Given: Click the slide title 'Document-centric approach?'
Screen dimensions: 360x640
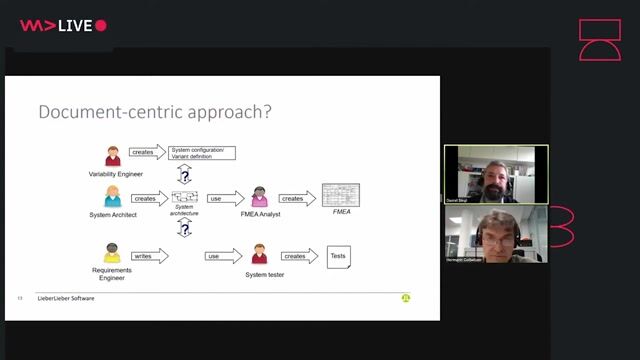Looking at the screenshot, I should click(154, 112).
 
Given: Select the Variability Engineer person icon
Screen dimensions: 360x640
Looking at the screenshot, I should click(113, 156).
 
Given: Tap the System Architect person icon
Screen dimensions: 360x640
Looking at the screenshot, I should click(113, 197).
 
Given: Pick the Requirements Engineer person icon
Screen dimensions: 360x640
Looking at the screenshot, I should click(112, 254).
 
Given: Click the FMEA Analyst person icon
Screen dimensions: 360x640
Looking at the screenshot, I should click(260, 196).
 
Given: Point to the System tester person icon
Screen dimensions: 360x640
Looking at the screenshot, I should click(260, 254).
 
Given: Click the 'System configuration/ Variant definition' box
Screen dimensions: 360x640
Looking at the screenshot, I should click(204, 152).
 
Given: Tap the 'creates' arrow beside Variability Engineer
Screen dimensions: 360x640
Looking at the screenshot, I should click(147, 152).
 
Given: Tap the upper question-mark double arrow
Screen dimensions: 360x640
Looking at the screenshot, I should click(184, 174).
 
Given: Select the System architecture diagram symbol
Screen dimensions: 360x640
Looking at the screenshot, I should click(185, 197).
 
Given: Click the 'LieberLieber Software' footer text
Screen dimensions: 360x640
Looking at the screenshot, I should click(66, 298).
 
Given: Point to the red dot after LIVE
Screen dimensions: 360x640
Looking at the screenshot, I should click(101, 26).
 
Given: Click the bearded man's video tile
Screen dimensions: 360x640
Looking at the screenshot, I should click(496, 175).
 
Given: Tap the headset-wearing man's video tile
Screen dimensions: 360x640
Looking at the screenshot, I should click(496, 235).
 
